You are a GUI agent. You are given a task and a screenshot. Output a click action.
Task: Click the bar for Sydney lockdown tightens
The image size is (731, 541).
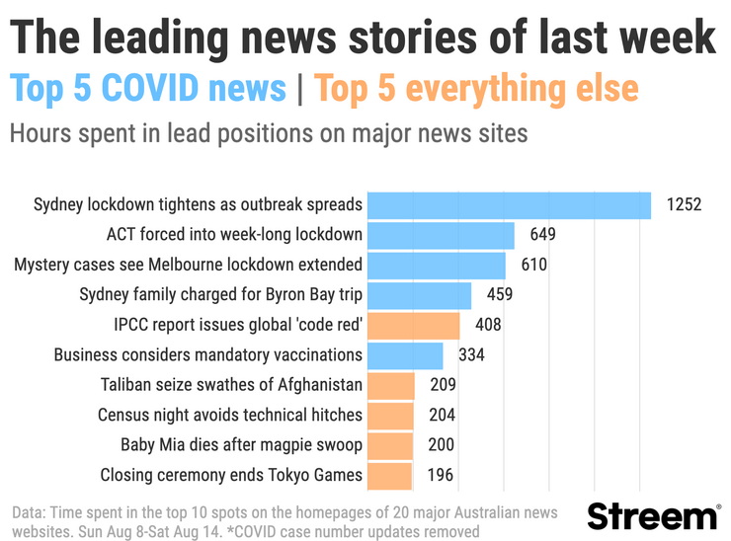[x=509, y=205]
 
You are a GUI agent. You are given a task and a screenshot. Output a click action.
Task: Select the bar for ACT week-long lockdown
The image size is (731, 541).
[x=441, y=235]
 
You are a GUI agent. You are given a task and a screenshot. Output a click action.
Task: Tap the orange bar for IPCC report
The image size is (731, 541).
[x=414, y=325]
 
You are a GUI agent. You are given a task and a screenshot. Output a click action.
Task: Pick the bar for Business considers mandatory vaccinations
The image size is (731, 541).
[x=405, y=354]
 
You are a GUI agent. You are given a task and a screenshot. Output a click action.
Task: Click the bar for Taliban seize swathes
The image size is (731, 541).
[x=391, y=385]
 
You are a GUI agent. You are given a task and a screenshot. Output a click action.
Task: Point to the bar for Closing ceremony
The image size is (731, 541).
[x=389, y=475]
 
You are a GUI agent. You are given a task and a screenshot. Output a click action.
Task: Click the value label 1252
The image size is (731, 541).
[x=683, y=205]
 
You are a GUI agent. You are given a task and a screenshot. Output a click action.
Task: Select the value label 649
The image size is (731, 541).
[x=542, y=235]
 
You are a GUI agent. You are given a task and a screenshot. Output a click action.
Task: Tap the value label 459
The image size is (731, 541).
[x=499, y=295]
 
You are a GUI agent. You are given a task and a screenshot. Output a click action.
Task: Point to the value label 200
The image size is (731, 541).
[x=441, y=445]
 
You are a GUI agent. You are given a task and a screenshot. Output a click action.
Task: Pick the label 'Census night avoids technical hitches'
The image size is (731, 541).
[x=230, y=415]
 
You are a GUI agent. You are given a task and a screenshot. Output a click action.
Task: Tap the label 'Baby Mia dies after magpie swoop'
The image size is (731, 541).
[x=241, y=445]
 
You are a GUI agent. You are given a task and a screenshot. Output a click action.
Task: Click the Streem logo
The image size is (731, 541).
[x=653, y=516]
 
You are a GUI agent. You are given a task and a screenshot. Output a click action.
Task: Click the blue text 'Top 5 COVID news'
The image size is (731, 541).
[x=148, y=89]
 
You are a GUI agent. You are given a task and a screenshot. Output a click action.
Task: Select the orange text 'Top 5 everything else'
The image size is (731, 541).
[x=476, y=89]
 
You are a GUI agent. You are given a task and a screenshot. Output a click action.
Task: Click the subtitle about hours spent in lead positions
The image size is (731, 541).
[x=269, y=133]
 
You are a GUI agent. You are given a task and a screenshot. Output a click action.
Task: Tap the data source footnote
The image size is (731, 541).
[x=284, y=522]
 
